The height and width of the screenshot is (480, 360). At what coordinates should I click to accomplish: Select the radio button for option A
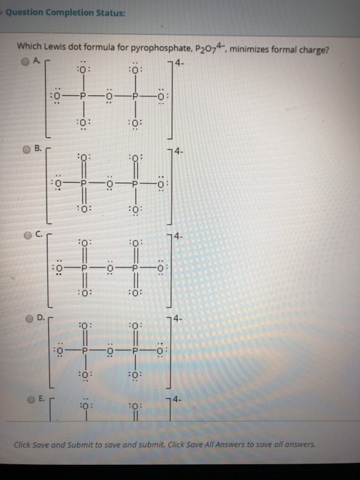click(x=25, y=62)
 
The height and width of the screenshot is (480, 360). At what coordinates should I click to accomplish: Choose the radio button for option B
click(x=27, y=149)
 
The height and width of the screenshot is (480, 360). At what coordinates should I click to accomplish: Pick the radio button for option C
click(x=28, y=235)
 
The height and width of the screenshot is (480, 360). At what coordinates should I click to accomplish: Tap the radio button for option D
click(x=29, y=319)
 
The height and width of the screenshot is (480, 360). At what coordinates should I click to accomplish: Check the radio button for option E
click(x=32, y=400)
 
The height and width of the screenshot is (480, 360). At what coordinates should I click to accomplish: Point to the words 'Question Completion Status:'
click(x=65, y=13)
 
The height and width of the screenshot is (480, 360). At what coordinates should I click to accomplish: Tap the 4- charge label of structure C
click(x=179, y=236)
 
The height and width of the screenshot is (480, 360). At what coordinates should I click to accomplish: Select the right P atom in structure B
click(x=135, y=184)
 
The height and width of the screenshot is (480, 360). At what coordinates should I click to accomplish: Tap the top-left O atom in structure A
click(x=82, y=69)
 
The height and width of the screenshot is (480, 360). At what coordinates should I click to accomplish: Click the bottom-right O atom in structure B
click(x=136, y=210)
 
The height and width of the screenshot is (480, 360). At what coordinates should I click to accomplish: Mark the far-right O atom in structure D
click(x=160, y=350)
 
